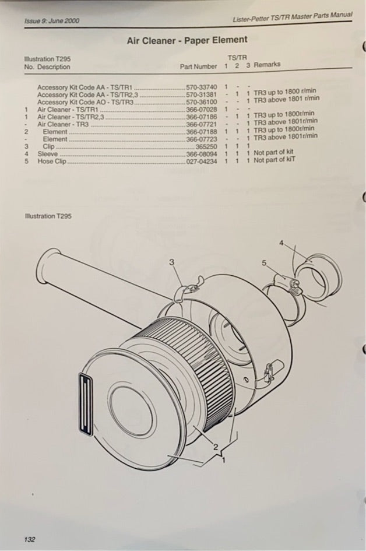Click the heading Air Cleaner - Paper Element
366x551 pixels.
point(187,40)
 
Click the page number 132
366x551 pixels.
point(30,539)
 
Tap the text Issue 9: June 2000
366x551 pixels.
point(52,20)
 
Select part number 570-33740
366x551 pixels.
point(201,87)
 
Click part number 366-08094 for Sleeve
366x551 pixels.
point(201,154)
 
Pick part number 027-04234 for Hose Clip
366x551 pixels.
point(201,162)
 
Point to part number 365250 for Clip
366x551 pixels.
point(206,146)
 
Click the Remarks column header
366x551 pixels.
point(267,64)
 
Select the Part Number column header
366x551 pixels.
point(199,66)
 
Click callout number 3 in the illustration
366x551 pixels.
point(172,262)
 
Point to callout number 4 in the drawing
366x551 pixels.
point(281,243)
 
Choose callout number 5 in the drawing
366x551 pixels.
point(264,262)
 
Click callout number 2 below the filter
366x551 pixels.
point(216,447)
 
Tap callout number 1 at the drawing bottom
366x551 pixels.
point(223,459)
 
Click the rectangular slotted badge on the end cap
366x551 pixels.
point(85,404)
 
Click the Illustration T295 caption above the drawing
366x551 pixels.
point(48,216)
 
